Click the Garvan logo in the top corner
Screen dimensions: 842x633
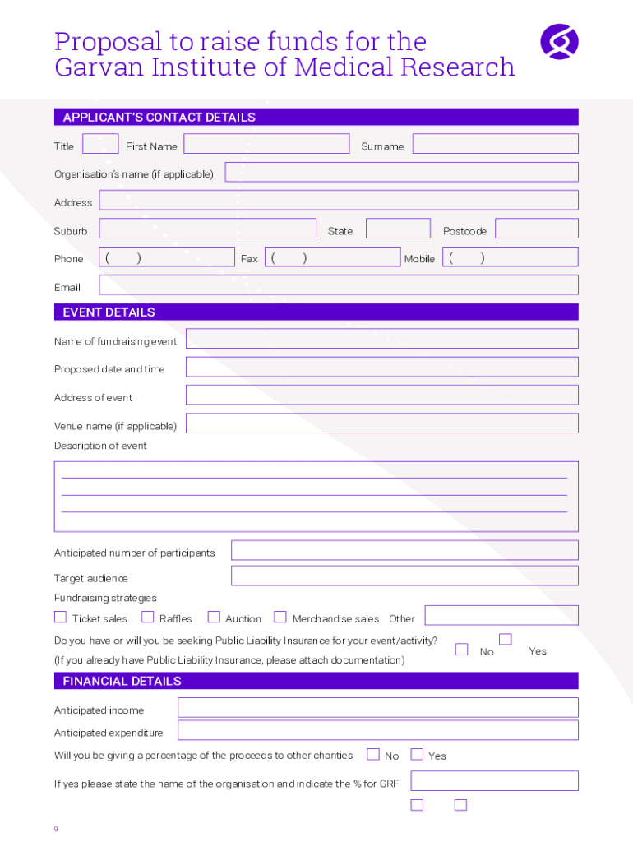[x=559, y=42]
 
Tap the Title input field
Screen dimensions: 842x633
[x=100, y=144]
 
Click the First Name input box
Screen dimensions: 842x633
[x=266, y=144]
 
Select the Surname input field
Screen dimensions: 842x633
[x=495, y=144]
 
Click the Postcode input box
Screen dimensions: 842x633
[x=536, y=229]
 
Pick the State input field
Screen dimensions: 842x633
[x=398, y=229]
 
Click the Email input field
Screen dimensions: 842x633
[x=338, y=285]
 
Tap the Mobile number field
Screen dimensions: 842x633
[x=511, y=257]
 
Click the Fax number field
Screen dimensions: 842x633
[x=334, y=257]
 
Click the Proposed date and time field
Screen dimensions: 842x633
[x=381, y=367]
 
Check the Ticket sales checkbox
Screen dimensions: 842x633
[x=61, y=618]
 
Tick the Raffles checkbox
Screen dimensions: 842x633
[x=148, y=618]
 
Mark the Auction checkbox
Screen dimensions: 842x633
[x=214, y=618]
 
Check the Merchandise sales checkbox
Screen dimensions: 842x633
[x=280, y=618]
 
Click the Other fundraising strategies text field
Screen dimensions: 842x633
[x=501, y=616]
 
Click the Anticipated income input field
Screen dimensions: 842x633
[x=377, y=708]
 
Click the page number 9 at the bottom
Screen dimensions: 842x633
[x=56, y=829]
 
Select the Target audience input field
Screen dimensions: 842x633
[x=404, y=576]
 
